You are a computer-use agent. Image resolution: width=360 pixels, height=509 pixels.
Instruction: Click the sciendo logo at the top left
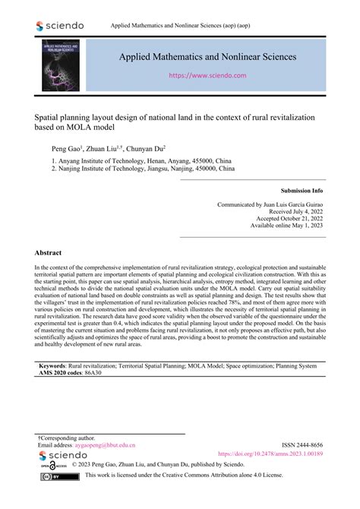click(x=59, y=26)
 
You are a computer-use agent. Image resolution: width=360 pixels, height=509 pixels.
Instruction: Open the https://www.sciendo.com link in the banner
click(x=207, y=76)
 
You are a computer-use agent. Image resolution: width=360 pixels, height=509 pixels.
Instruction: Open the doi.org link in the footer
click(x=270, y=454)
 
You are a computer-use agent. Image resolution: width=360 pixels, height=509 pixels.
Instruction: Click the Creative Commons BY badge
click(x=64, y=476)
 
